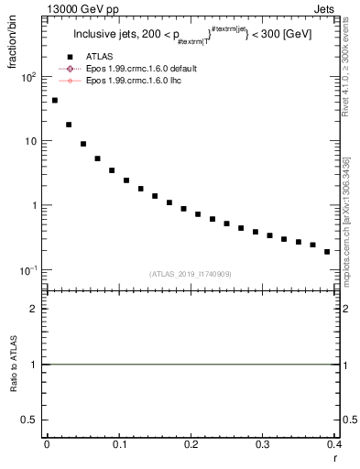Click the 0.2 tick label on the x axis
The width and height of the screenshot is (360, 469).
(x=191, y=445)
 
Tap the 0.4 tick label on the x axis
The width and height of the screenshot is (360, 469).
(x=333, y=445)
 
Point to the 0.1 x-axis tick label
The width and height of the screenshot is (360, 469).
(x=119, y=445)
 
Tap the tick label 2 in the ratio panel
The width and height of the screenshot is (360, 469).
(x=35, y=309)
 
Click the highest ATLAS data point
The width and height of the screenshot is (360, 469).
(x=55, y=101)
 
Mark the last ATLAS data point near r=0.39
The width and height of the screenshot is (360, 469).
(x=327, y=251)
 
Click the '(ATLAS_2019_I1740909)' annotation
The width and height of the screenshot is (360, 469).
(x=190, y=273)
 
